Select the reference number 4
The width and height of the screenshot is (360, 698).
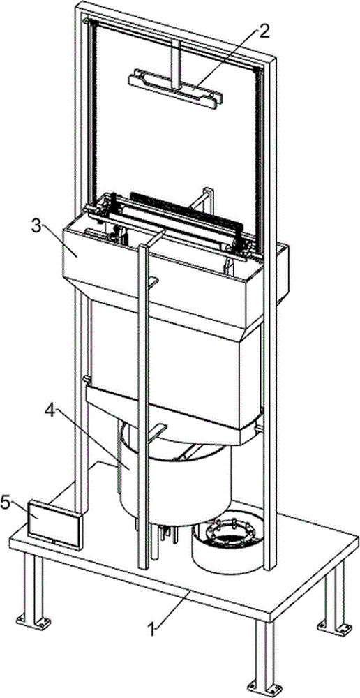50,411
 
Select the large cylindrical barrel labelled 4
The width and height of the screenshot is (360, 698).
176,481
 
